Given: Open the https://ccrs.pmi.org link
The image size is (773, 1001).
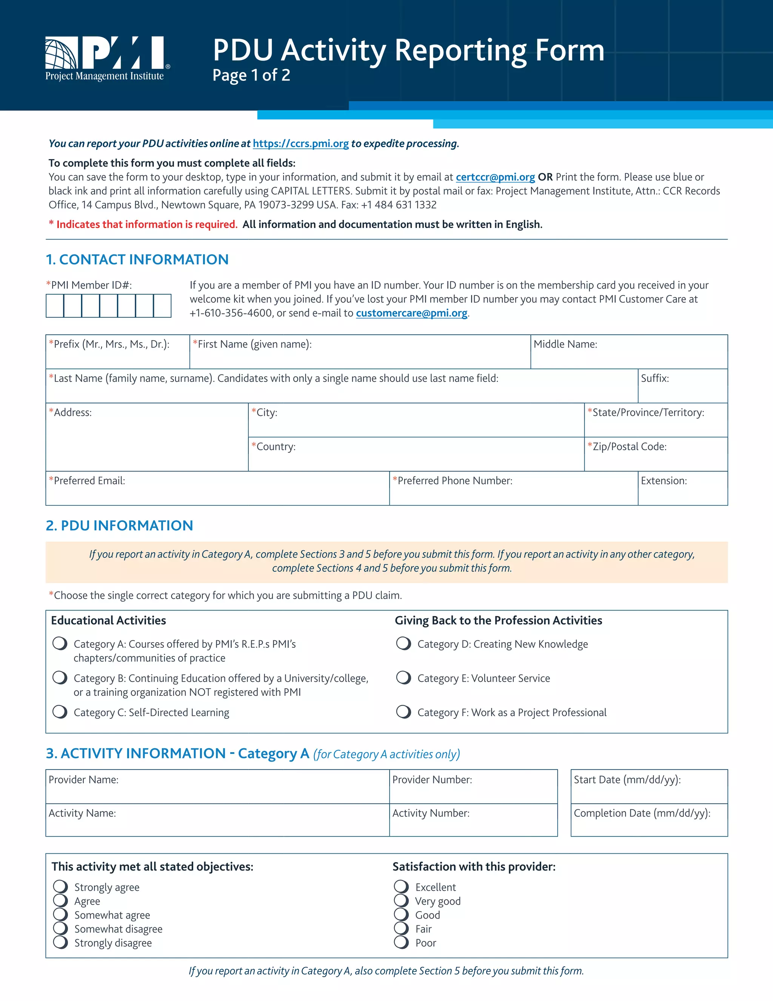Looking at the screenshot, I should point(300,144).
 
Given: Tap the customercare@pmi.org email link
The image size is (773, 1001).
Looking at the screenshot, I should point(411,313).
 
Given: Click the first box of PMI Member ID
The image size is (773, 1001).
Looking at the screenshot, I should point(55,306).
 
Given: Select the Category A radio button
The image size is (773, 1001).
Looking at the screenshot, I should point(60,644).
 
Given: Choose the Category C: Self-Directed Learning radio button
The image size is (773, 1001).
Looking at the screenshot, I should point(60,712).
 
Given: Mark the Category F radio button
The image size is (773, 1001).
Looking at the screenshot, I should point(403,712).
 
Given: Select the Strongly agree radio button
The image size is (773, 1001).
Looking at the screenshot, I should point(60,887).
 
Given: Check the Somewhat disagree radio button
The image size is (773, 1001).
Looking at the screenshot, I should point(60,928).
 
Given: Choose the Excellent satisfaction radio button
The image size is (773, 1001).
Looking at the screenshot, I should point(401,887).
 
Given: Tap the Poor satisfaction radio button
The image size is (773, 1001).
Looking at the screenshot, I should point(401,942).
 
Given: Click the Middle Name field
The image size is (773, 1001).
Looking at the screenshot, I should point(628,357).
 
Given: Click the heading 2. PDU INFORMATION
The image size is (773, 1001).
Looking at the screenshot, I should point(120,525).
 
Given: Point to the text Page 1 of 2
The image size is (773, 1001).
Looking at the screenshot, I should point(251,75).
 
